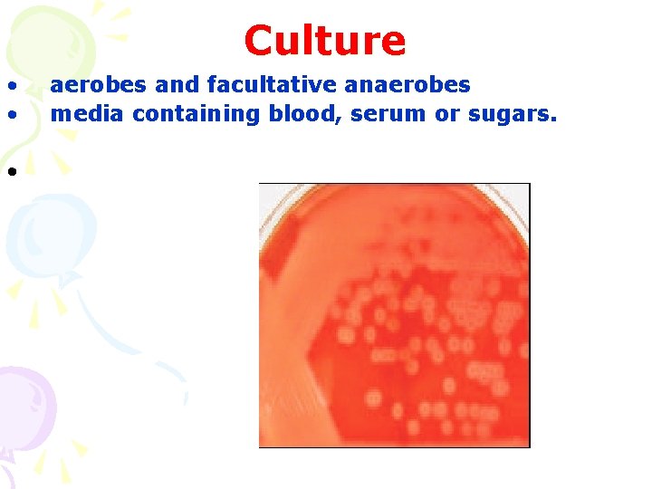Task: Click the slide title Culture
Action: click(325, 41)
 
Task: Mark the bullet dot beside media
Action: click(12, 116)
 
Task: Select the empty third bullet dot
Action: click(12, 172)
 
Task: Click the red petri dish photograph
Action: click(394, 315)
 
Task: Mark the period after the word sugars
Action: click(552, 120)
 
